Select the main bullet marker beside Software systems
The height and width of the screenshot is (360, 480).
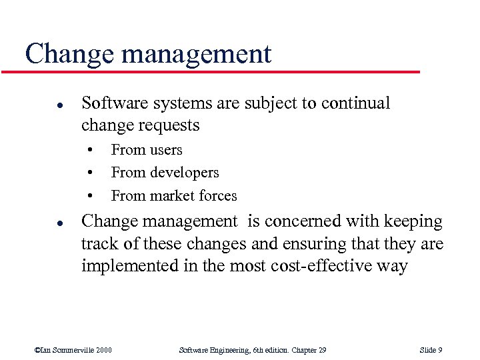point(41,105)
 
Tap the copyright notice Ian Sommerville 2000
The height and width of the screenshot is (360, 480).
point(73,350)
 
